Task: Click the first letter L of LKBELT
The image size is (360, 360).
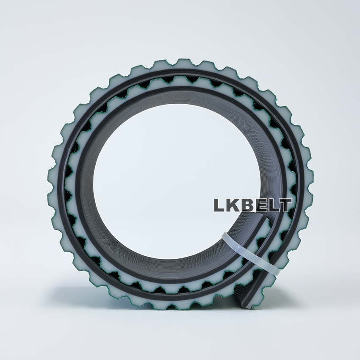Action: pos(219,205)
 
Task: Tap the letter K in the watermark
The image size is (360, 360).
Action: pos(233,205)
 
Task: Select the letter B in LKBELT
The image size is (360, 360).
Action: pos(246,205)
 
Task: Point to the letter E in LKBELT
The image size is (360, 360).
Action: pos(258,205)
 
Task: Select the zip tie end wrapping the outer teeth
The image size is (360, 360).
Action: pos(274,271)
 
